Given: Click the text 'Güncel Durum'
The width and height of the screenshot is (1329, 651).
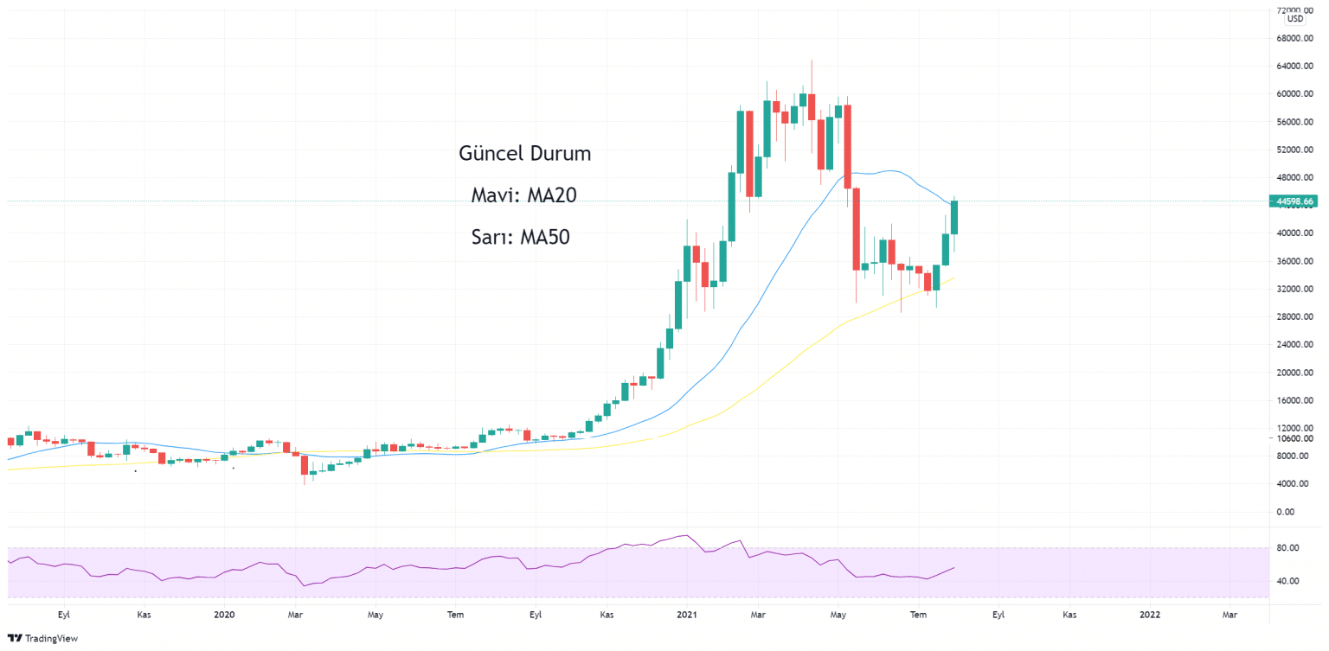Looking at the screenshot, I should coord(524,154).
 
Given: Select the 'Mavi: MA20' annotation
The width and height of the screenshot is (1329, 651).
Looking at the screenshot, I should coord(523,195).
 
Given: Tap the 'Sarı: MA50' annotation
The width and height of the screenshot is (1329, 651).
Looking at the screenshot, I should coord(520,237).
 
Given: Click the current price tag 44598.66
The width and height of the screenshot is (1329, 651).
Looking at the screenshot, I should coord(1295,201).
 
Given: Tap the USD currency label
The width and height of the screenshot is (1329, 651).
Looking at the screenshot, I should coord(1294,19).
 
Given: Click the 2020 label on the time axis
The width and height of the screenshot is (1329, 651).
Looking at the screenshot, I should coord(224,615).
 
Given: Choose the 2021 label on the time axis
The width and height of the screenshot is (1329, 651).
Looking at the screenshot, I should coord(687,615).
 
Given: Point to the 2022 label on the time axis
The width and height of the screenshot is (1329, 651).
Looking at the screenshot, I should coord(1150,615).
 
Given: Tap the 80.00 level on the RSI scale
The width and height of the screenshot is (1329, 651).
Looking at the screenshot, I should coord(1288,548).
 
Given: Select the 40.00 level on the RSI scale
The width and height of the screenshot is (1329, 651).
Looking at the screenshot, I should coord(1288,581).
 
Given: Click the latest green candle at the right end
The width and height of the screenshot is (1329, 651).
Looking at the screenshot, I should coord(955,217).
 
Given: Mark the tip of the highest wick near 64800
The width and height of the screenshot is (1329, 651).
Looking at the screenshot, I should coord(812,61).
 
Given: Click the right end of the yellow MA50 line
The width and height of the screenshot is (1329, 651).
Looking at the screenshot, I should coord(954,278).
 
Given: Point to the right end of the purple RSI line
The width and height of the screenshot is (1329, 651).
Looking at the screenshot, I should coord(954,568).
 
